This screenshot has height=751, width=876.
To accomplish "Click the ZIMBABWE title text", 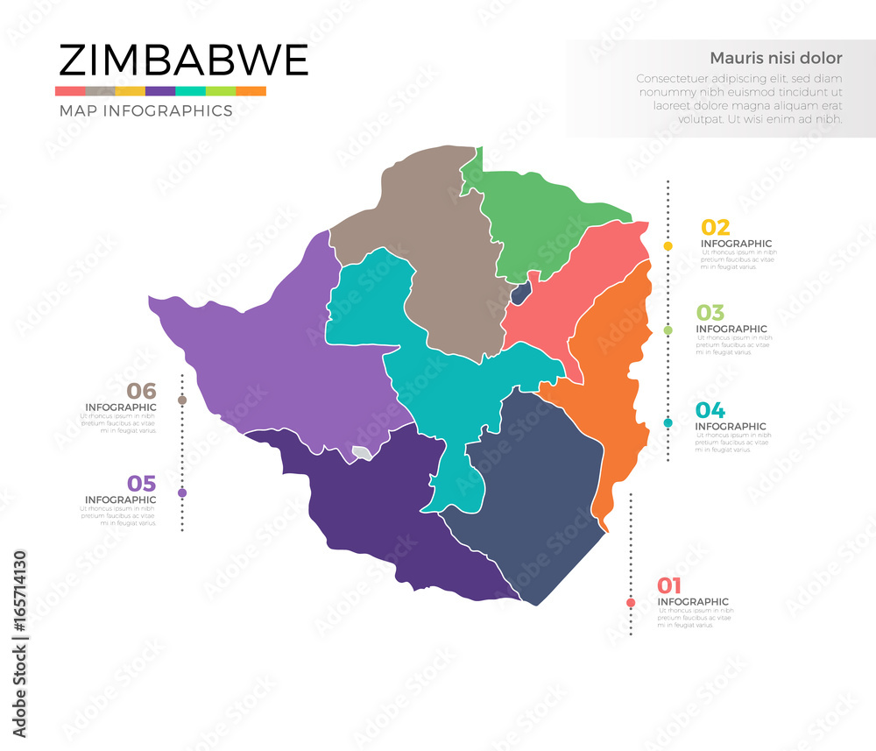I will pyautogui.click(x=183, y=60).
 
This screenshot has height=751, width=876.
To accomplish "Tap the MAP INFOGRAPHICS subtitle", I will pyautogui.click(x=145, y=111).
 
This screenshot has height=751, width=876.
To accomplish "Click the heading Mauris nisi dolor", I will pyautogui.click(x=775, y=59).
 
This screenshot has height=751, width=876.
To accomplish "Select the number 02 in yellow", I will pyautogui.click(x=715, y=227).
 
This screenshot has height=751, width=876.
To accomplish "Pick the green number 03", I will pyautogui.click(x=710, y=313).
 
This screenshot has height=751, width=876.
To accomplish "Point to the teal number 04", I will pyautogui.click(x=710, y=410).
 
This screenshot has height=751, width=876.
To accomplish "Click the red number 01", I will pyautogui.click(x=669, y=586).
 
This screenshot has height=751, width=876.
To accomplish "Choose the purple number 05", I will pyautogui.click(x=141, y=484).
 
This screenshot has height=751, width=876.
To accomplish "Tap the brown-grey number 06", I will pyautogui.click(x=141, y=391).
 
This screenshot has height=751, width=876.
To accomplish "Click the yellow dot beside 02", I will pyautogui.click(x=668, y=246).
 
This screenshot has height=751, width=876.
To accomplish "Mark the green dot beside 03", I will pyautogui.click(x=668, y=330).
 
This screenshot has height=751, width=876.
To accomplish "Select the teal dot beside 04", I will pyautogui.click(x=668, y=422).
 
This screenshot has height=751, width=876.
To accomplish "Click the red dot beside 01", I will pyautogui.click(x=631, y=602).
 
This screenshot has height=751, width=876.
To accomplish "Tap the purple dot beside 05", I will pyautogui.click(x=182, y=492).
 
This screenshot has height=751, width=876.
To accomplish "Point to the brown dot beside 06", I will pyautogui.click(x=182, y=400).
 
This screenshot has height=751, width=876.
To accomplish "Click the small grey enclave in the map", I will pyautogui.click(x=361, y=453).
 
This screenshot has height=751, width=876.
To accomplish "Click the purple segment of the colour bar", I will pyautogui.click(x=160, y=91).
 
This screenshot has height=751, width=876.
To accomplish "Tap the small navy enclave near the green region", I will pyautogui.click(x=520, y=293).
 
